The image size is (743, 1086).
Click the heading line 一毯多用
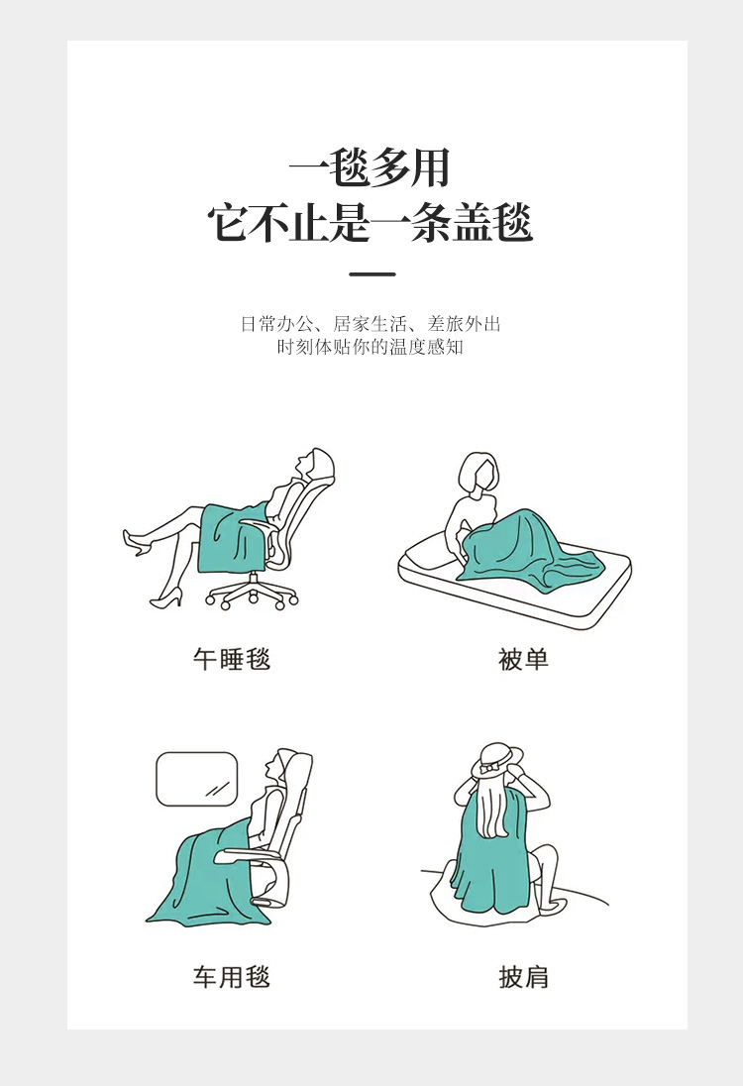(x=370, y=169)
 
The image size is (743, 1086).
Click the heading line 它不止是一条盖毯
(x=371, y=223)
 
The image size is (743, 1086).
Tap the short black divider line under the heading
(x=371, y=274)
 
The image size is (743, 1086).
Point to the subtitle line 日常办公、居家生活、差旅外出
(x=371, y=324)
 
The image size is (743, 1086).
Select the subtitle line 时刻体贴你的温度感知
(x=371, y=347)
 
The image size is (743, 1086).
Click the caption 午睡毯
(x=231, y=659)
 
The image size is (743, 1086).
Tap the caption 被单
(x=523, y=659)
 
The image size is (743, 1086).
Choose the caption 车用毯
(x=231, y=977)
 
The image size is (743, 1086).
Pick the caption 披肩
(x=523, y=977)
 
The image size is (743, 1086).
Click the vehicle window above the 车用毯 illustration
(x=197, y=779)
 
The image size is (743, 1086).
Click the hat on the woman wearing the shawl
(x=495, y=761)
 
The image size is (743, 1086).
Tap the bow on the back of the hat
(x=493, y=768)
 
